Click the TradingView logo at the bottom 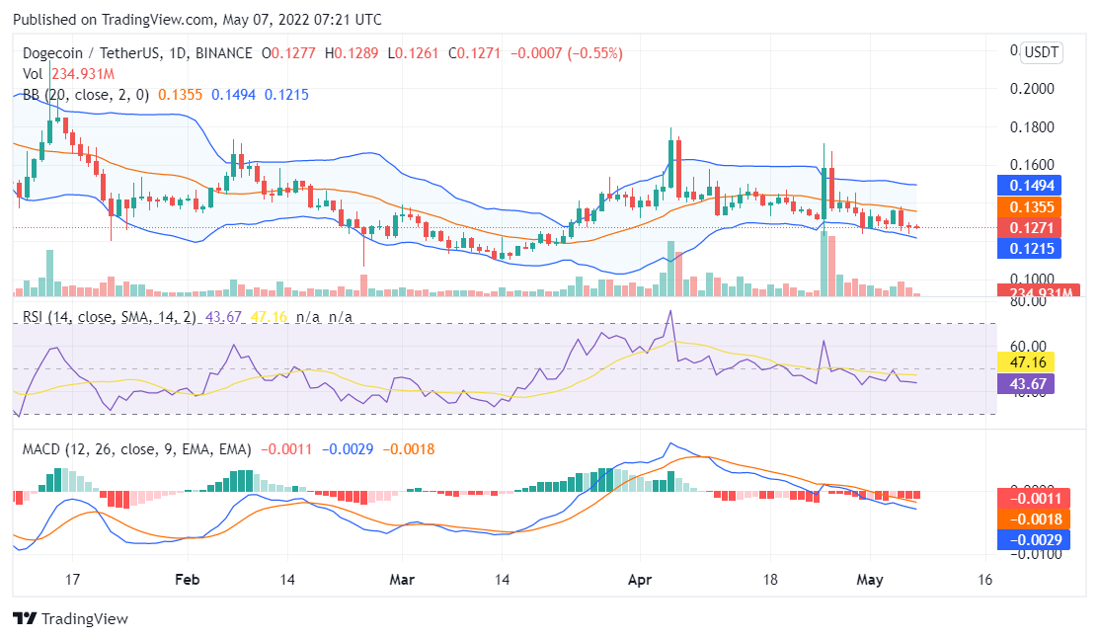pyautogui.click(x=70, y=618)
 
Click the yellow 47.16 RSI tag pyautogui.click(x=1027, y=361)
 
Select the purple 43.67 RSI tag pyautogui.click(x=1027, y=383)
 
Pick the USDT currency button pyautogui.click(x=1040, y=52)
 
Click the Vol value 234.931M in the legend pyautogui.click(x=83, y=73)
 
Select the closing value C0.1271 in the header pyautogui.click(x=475, y=53)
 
